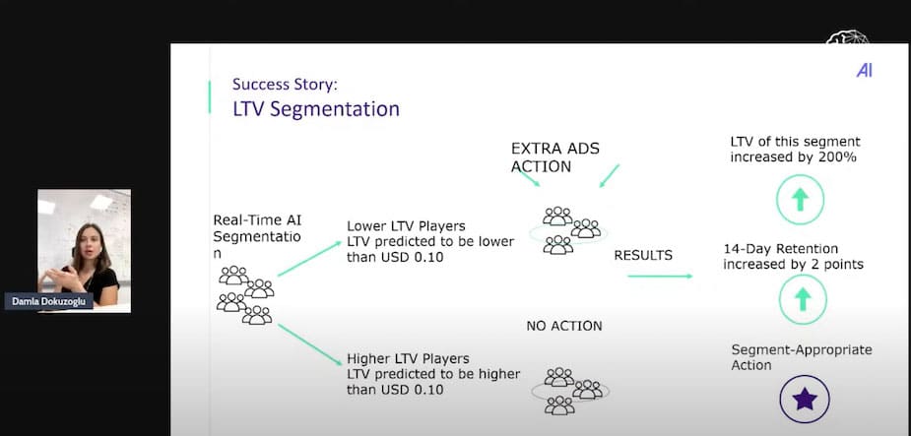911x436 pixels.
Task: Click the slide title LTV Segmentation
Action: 316,109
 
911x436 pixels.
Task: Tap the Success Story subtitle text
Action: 285,85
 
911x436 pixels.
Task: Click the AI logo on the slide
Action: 864,71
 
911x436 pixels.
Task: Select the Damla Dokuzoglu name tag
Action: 49,302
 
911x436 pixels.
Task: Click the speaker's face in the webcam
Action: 89,243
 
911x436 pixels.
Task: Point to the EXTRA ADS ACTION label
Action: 554,157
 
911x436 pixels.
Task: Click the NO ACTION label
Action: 564,327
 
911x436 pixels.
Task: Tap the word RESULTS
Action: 643,255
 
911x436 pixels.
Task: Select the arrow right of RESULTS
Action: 660,276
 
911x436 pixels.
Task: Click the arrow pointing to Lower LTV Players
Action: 309,258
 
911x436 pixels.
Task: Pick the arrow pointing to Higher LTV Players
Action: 309,344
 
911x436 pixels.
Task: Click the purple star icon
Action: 805,400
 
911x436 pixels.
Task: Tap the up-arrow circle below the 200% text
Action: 800,199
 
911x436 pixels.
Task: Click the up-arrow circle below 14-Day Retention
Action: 803,299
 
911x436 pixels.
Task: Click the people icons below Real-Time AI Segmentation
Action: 245,295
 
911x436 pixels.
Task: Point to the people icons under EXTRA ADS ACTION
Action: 567,230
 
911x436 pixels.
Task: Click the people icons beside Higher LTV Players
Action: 570,391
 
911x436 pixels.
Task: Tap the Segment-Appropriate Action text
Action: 802,357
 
